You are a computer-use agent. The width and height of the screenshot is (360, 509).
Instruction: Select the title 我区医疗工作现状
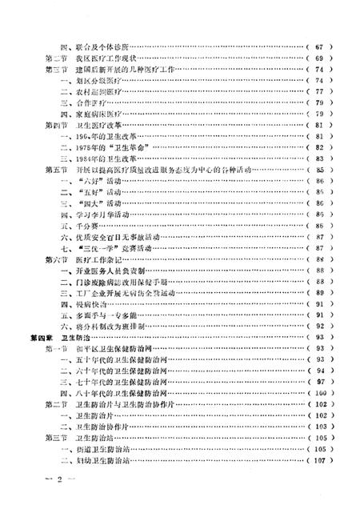(102, 59)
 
